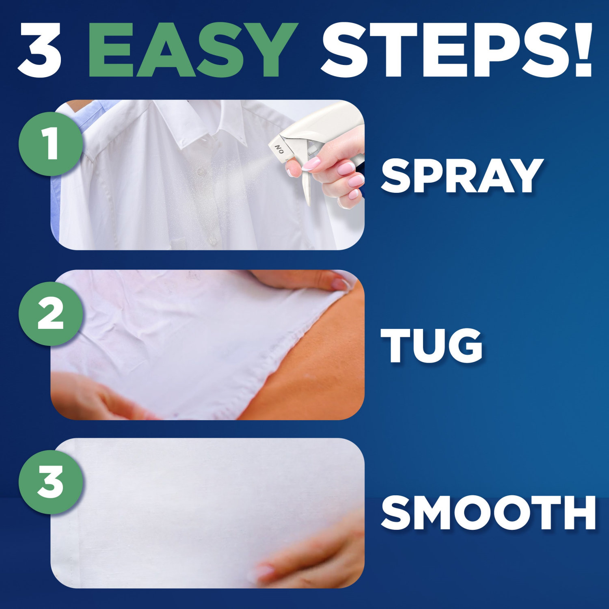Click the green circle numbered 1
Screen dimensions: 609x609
pos(51,144)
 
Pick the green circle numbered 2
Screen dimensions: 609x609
pos(51,313)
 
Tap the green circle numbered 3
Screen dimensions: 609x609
pos(51,482)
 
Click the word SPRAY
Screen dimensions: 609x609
pos(462,176)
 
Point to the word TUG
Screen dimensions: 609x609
pos(431,345)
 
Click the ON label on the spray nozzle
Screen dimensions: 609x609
pos(279,149)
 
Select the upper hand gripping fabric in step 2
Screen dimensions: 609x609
pos(309,280)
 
